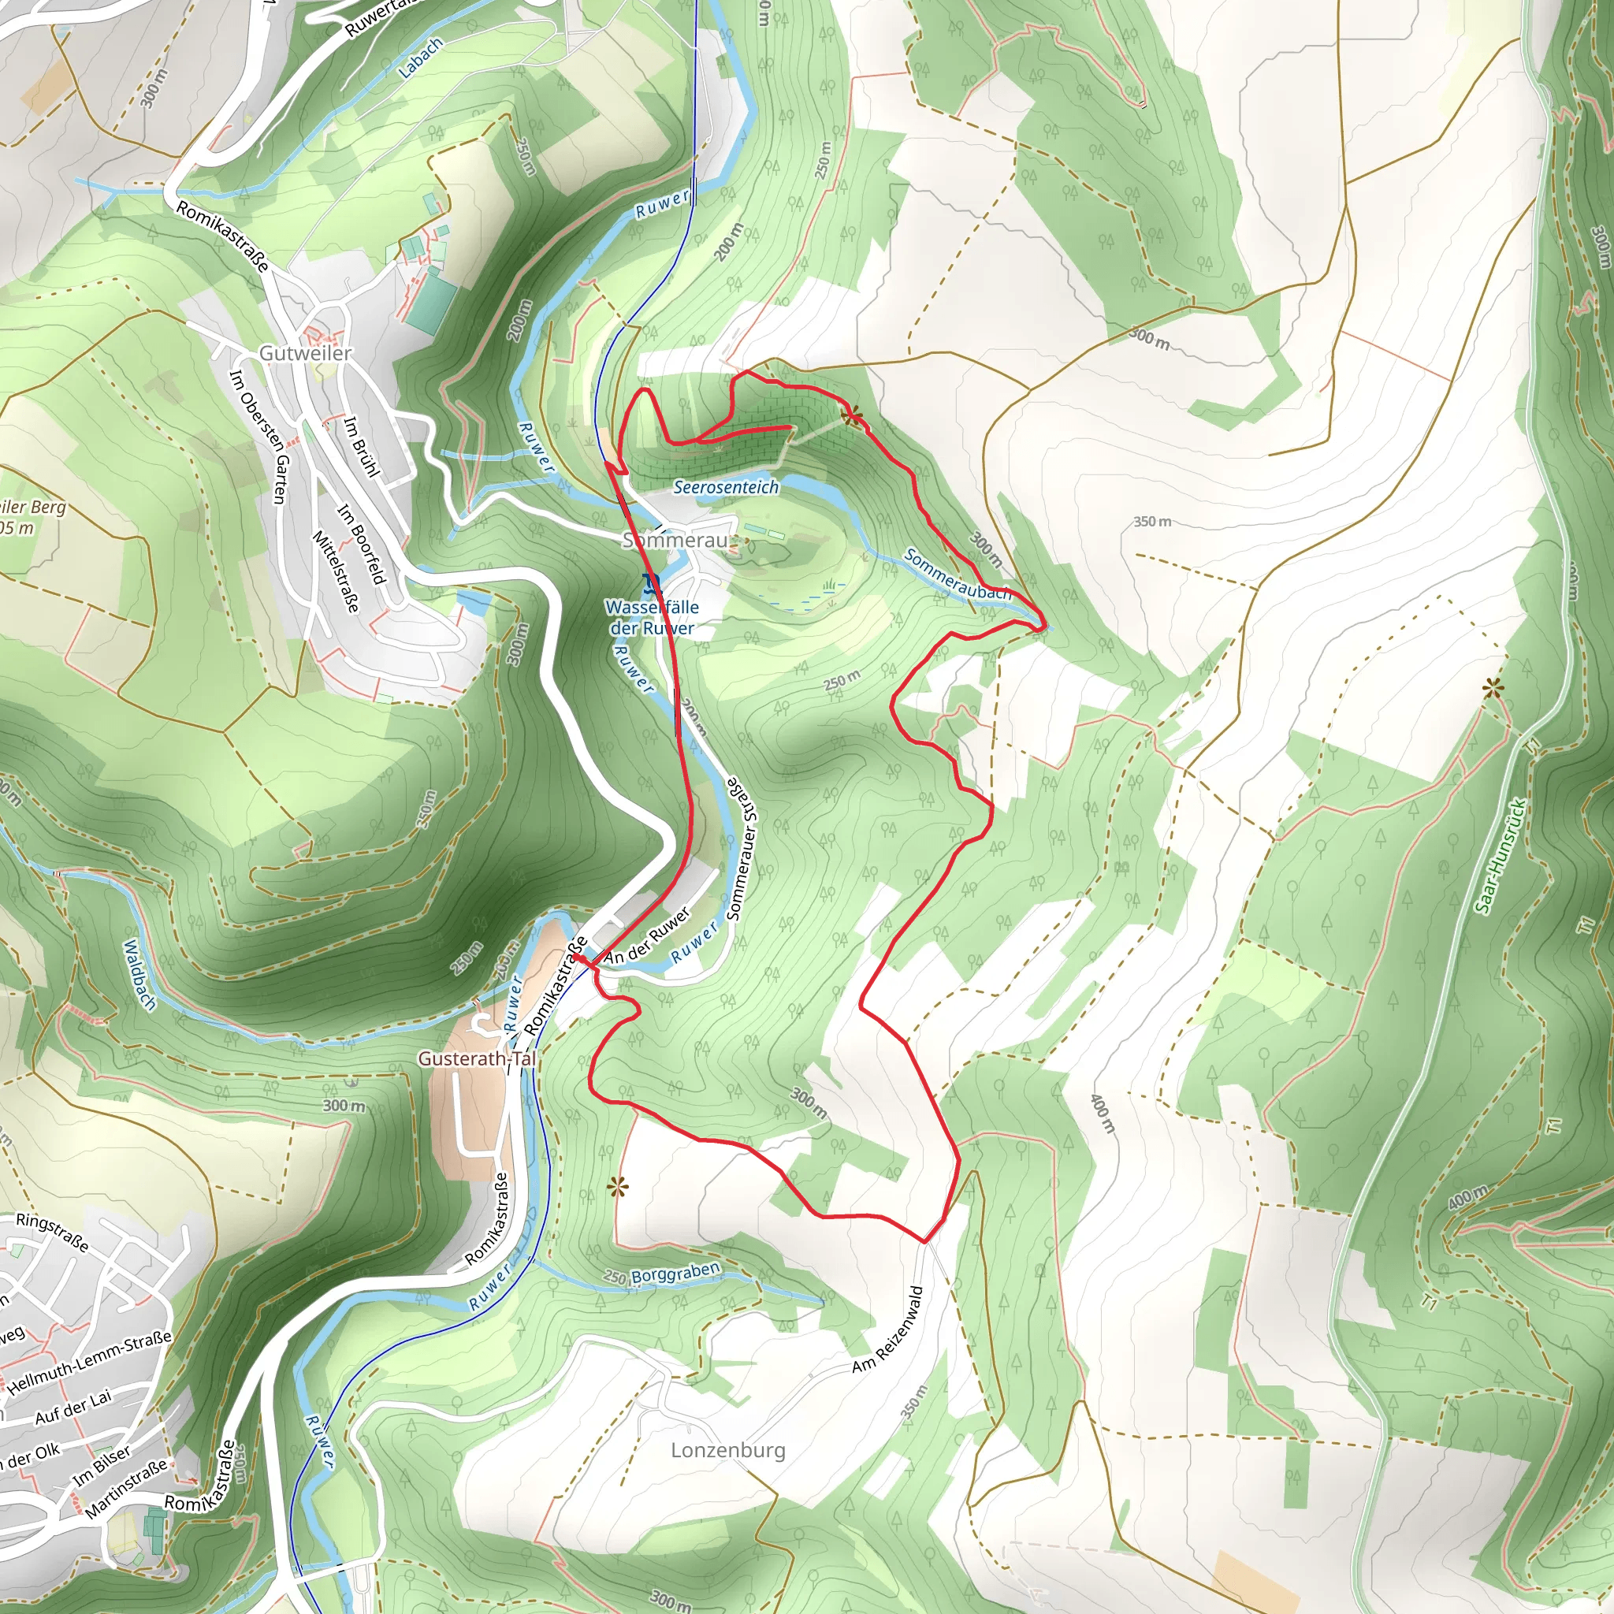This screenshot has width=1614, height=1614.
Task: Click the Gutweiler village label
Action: click(305, 353)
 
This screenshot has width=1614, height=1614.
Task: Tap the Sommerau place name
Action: click(675, 541)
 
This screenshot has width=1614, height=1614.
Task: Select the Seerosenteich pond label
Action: click(726, 487)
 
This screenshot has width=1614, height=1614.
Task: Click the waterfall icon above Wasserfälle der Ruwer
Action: click(652, 583)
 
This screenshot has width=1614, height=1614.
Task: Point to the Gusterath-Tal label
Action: click(476, 1058)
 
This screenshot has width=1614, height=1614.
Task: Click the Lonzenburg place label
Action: click(727, 1449)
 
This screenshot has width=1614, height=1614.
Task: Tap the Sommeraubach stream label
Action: click(958, 575)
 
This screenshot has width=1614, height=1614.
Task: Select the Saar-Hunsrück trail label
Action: click(1501, 857)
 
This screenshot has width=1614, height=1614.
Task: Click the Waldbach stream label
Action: click(139, 974)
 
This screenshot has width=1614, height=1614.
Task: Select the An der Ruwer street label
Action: click(648, 936)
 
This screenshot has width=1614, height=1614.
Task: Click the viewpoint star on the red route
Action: click(851, 415)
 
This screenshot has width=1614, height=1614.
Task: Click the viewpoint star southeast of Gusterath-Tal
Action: click(616, 1187)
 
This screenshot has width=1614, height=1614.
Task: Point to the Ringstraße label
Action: click(52, 1233)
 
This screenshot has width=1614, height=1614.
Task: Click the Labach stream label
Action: click(419, 58)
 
